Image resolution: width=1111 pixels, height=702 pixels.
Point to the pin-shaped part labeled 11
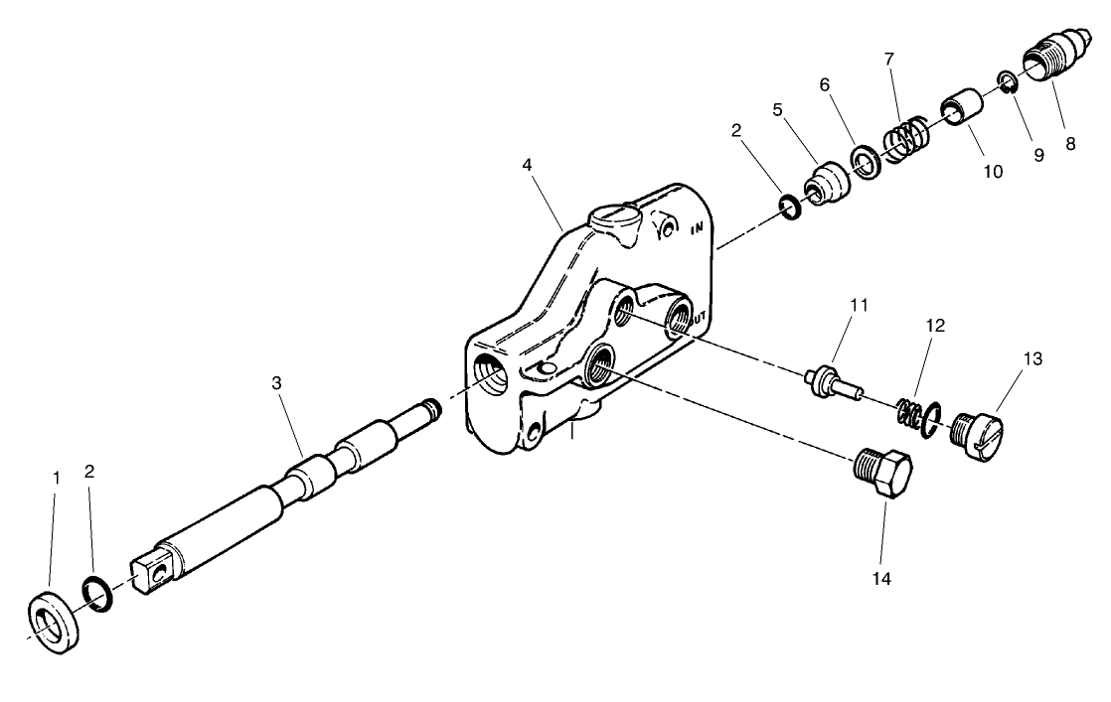click(829, 382)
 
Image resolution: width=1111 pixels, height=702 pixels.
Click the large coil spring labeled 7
click(904, 139)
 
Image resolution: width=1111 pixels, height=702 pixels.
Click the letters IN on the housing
click(697, 230)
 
